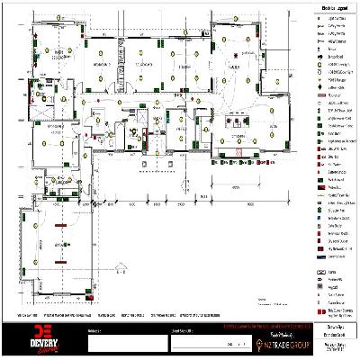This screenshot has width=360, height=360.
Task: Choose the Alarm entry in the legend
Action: [x=330, y=270]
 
